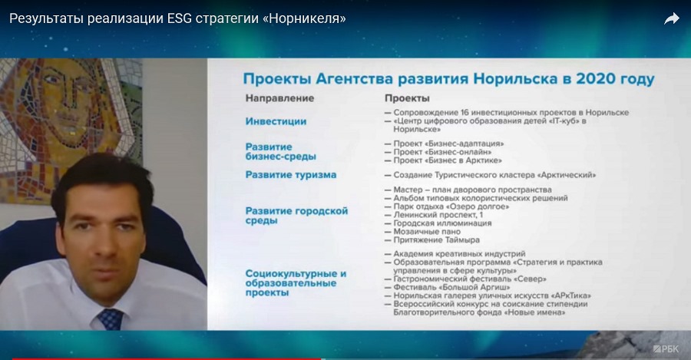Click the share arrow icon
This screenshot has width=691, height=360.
point(672,18)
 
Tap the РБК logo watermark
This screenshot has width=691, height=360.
point(666,349)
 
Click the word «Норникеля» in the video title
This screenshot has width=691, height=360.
point(307,18)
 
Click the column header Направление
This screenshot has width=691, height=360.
point(279,97)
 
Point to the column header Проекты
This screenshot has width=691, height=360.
point(407,97)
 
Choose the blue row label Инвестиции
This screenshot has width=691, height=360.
point(276,121)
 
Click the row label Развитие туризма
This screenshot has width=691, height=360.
point(291,175)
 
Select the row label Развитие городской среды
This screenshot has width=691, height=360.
point(296,216)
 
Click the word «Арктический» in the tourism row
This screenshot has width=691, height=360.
point(567,175)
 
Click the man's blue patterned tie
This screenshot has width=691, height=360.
point(111,319)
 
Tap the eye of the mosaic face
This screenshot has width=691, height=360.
point(52,80)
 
